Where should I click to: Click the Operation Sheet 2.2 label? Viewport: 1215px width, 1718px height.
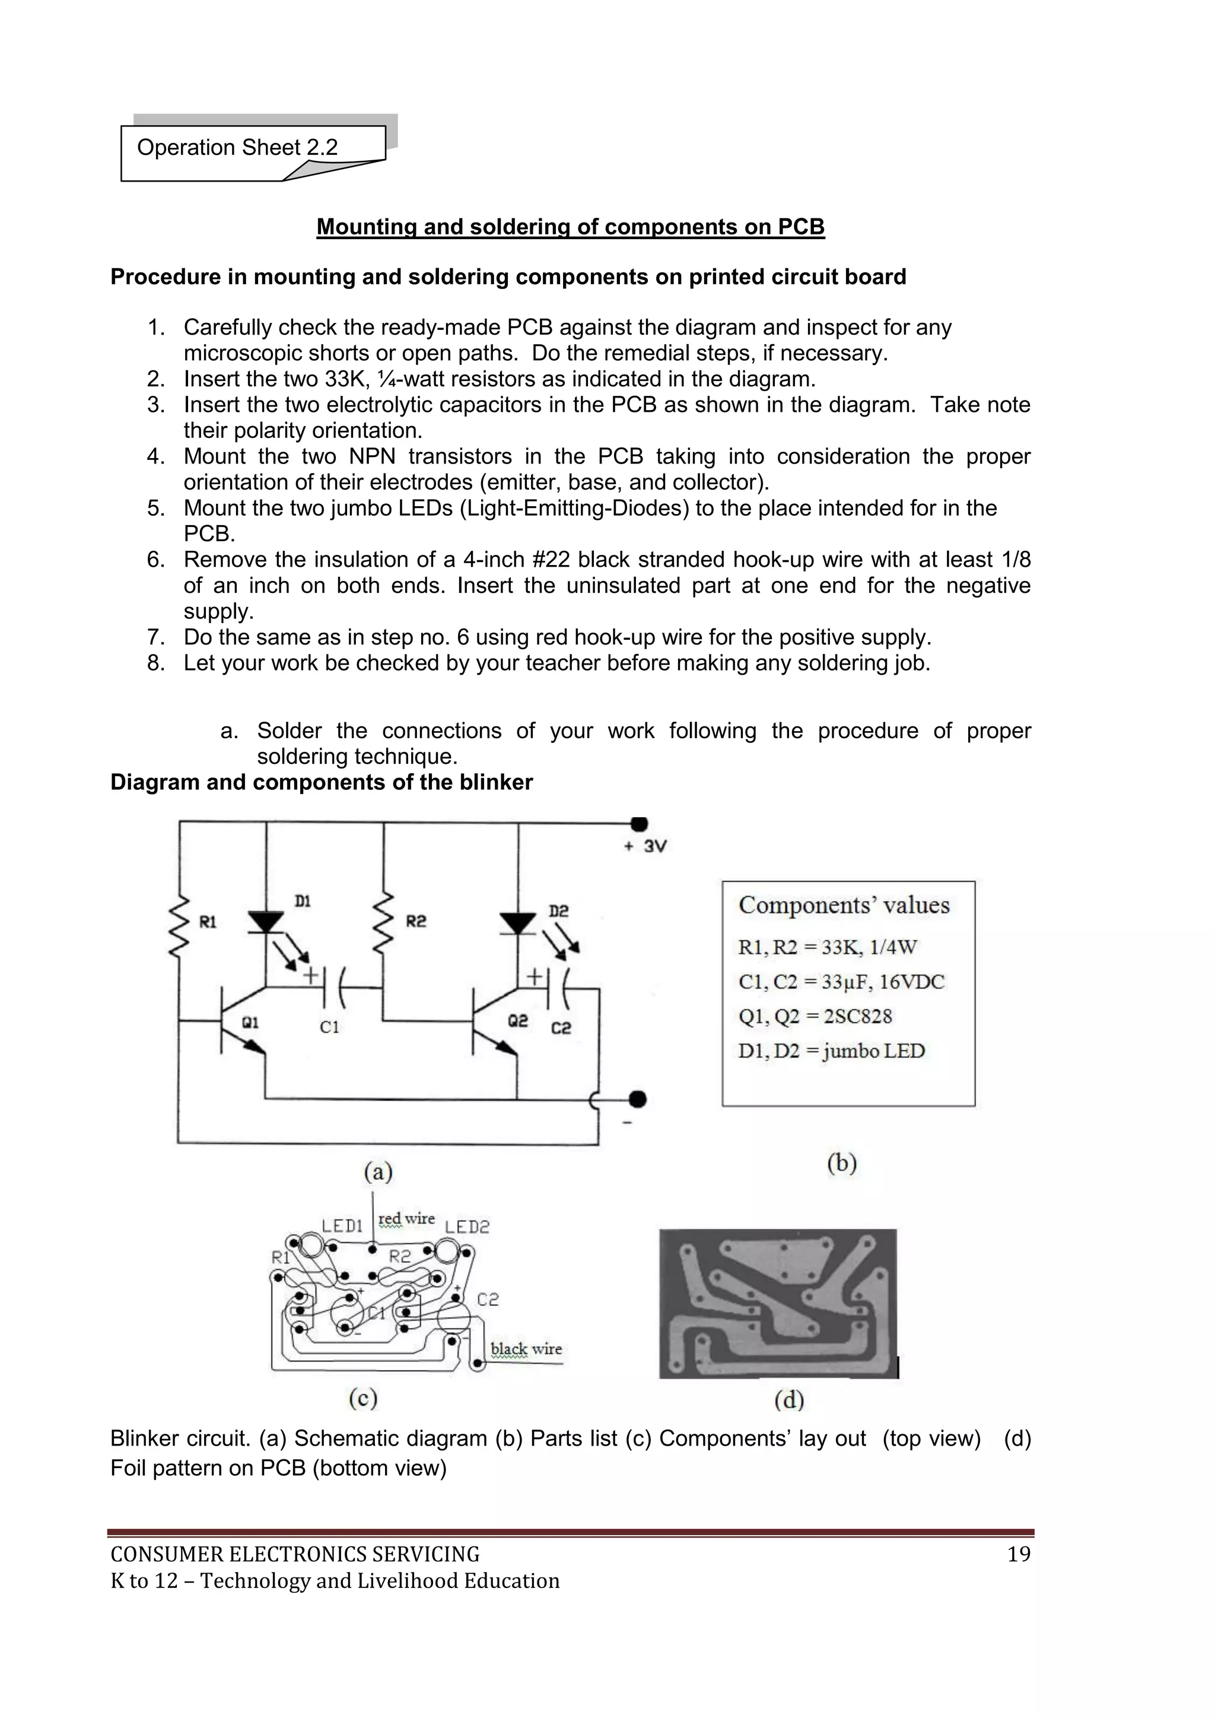237,147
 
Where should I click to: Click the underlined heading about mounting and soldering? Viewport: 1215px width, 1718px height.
570,227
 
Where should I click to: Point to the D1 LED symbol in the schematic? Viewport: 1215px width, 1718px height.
266,923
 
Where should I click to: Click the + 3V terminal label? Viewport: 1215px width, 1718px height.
645,846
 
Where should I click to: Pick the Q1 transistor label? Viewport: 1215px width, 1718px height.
250,1022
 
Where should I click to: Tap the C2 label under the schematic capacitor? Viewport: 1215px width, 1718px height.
561,1029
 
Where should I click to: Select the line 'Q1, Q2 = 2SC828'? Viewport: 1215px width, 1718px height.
815,1016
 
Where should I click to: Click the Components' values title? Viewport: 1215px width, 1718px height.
844,906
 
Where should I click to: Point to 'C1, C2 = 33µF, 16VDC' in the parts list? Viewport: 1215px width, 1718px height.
841,982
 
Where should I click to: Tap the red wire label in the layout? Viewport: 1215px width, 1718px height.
406,1219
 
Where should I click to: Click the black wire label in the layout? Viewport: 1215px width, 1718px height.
526,1349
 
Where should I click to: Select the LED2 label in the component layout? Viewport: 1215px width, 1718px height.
467,1227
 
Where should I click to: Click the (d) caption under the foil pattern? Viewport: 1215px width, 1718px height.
788,1399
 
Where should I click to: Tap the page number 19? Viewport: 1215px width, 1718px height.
1018,1555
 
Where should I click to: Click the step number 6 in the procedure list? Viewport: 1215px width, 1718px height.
155,560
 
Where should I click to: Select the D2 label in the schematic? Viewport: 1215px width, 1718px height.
558,911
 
